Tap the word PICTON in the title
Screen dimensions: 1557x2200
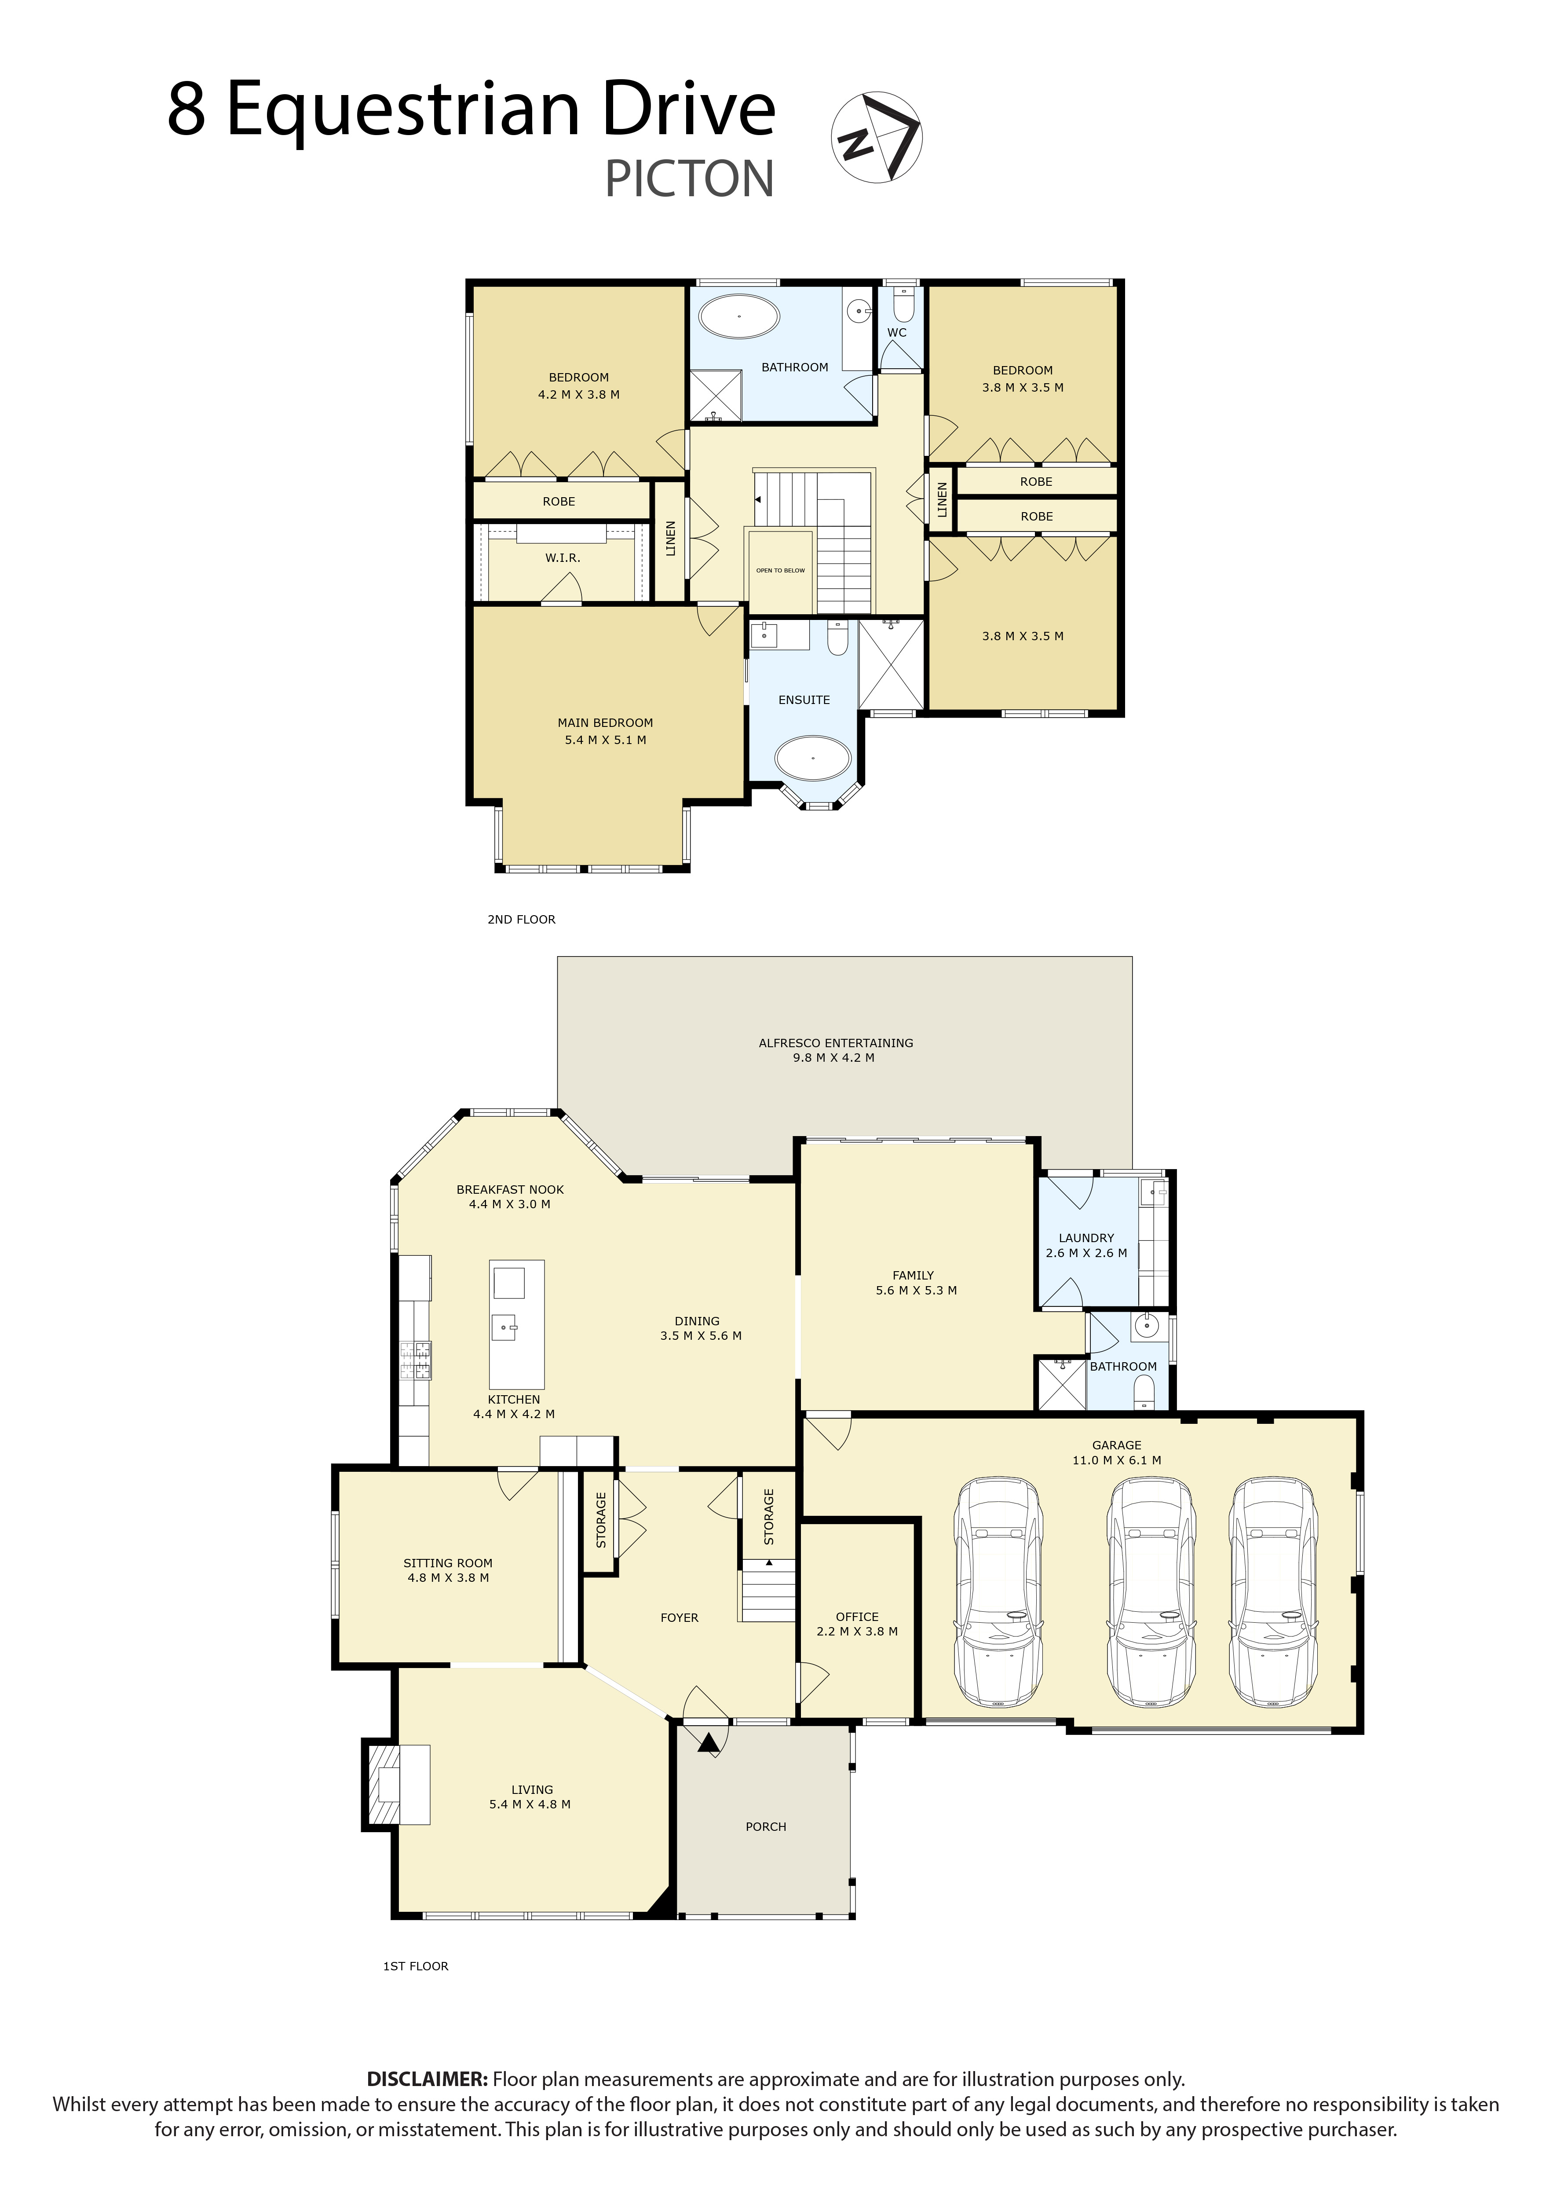689,180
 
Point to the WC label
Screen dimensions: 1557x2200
896,333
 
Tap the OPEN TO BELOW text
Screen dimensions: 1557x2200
780,571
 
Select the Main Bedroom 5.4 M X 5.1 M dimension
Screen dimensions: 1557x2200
605,741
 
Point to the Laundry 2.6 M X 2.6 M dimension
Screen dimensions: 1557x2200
1086,1253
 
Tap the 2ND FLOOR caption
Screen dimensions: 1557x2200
522,919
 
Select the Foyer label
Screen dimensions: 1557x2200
680,1618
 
